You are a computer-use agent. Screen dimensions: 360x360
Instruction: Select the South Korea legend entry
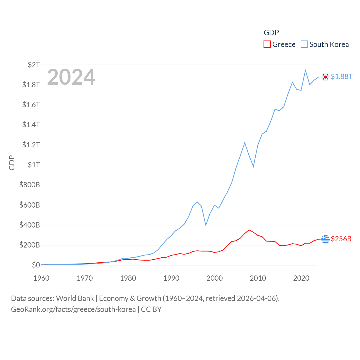[x=325, y=44]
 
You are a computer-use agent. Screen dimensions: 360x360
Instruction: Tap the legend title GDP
[x=271, y=33]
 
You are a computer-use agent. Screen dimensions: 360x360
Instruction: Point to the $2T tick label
[x=34, y=65]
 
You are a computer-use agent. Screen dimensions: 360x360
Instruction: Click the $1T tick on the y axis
[x=34, y=165]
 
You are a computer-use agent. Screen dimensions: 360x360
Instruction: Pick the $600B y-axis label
[x=30, y=205]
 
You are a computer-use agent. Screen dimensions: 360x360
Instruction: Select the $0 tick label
[x=36, y=265]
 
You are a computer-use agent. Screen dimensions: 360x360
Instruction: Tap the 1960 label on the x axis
[x=41, y=278]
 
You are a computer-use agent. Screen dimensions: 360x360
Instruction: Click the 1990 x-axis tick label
[x=171, y=278]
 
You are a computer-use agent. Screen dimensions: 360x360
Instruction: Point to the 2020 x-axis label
[x=301, y=278]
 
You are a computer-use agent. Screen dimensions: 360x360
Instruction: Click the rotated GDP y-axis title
[x=12, y=163]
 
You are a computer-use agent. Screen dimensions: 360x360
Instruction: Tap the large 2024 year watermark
[x=71, y=77]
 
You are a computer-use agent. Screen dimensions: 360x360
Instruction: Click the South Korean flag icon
[x=325, y=77]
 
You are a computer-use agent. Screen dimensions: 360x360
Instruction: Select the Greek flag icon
[x=325, y=239]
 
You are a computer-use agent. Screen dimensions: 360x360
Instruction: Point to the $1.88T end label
[x=341, y=76]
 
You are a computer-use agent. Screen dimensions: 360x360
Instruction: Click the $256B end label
[x=341, y=239]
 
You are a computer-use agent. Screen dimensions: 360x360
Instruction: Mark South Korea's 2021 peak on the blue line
[x=305, y=70]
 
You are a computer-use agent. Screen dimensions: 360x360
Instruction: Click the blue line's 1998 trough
[x=206, y=225]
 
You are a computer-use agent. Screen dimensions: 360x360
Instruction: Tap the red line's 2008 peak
[x=249, y=230]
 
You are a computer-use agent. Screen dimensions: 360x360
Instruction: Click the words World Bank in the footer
[x=75, y=298]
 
